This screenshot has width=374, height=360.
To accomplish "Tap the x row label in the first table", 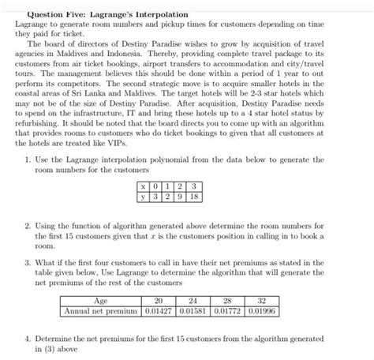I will (141, 186).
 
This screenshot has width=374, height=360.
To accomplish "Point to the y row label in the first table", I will (141, 197).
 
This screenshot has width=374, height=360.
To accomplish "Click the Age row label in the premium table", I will (101, 301).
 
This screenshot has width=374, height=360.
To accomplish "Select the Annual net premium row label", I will (101, 311).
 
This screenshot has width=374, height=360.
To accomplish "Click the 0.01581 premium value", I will (191, 311).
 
